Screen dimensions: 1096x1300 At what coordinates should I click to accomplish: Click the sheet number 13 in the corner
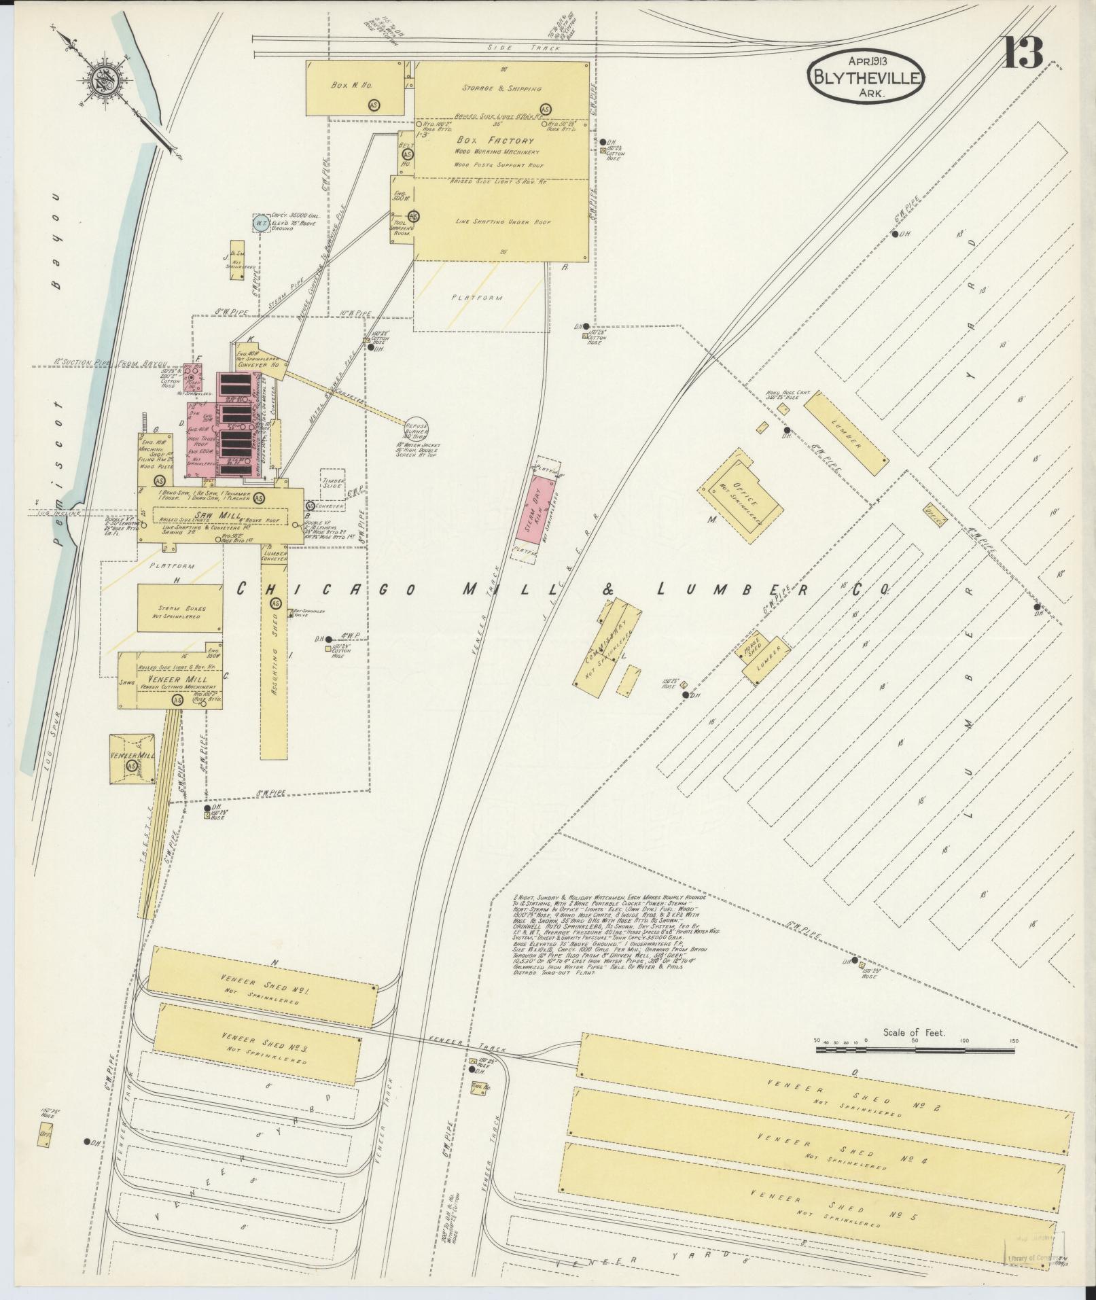pyautogui.click(x=1022, y=53)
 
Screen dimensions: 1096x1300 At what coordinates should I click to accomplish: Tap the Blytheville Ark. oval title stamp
pyautogui.click(x=865, y=76)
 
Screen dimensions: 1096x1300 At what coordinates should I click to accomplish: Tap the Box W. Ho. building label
pyautogui.click(x=347, y=86)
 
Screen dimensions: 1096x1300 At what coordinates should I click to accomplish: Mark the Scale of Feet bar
pyautogui.click(x=915, y=1050)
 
